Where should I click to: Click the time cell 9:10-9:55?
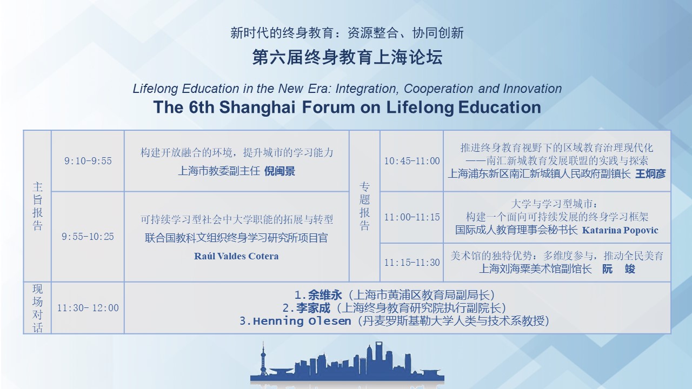pyautogui.click(x=88, y=161)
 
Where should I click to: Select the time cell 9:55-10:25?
pyautogui.click(x=88, y=237)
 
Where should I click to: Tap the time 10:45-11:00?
pyautogui.click(x=412, y=161)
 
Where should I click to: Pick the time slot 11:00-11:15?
pyautogui.click(x=412, y=217)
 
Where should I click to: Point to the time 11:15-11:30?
pyautogui.click(x=412, y=263)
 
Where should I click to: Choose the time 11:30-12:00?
pyautogui.click(x=88, y=308)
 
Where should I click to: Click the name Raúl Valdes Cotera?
pyautogui.click(x=236, y=256)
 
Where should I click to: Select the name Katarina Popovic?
pyautogui.click(x=620, y=230)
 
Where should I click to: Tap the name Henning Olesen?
pyautogui.click(x=302, y=321)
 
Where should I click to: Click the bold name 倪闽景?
pyautogui.click(x=280, y=171)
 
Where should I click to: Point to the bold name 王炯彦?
pyautogui.click(x=650, y=174)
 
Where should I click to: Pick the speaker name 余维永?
pyautogui.click(x=325, y=295)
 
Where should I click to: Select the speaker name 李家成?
pyautogui.click(x=313, y=308)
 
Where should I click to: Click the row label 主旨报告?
pyautogui.click(x=37, y=206)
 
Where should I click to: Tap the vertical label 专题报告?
pyautogui.click(x=364, y=206)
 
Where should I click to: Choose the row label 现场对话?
pyautogui.click(x=37, y=308)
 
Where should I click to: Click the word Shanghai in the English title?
pyautogui.click(x=257, y=108)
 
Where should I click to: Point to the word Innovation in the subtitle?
pyautogui.click(x=533, y=89)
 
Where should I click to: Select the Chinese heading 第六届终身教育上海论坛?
pyautogui.click(x=348, y=57)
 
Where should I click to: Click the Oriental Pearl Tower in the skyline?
pyautogui.click(x=263, y=360)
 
